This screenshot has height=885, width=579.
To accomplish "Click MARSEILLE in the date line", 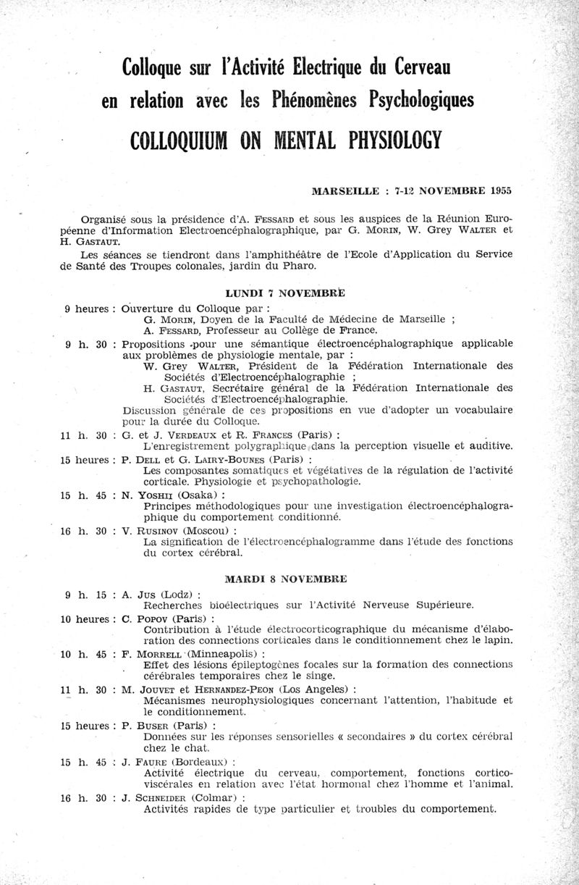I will pos(345,191).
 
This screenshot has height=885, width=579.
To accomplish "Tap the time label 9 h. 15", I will pos(85,595).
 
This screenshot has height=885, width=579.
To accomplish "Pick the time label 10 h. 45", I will pos(85,654).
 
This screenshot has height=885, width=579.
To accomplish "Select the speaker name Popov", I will pos(153,619).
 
